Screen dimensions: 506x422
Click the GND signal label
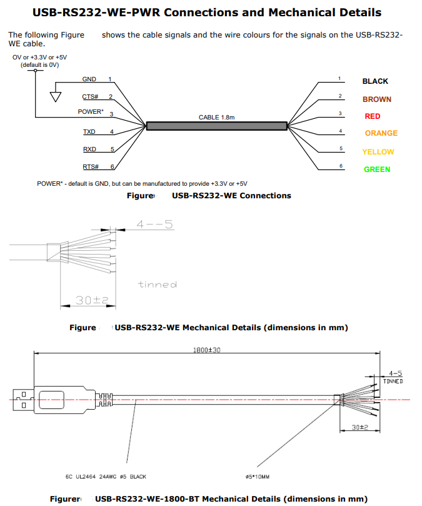(89, 79)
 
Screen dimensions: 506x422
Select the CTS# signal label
(91, 97)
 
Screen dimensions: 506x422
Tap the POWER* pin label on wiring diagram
(91, 112)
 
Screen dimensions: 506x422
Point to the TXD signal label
(89, 132)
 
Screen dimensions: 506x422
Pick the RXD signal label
(89, 149)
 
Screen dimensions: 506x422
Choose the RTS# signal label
(91, 166)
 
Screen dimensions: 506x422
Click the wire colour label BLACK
(375, 81)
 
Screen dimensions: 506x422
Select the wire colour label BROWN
(377, 99)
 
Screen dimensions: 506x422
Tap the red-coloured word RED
(373, 116)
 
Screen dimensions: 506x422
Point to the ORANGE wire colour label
(381, 133)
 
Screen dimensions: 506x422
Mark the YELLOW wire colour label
(378, 152)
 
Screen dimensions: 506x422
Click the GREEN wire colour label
(377, 170)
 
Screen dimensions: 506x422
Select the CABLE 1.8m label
(217, 118)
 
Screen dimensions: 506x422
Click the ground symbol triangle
(56, 97)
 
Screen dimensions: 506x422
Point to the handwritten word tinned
(158, 285)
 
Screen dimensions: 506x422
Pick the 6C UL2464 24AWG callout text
(106, 477)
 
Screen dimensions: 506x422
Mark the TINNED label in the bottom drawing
(393, 381)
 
